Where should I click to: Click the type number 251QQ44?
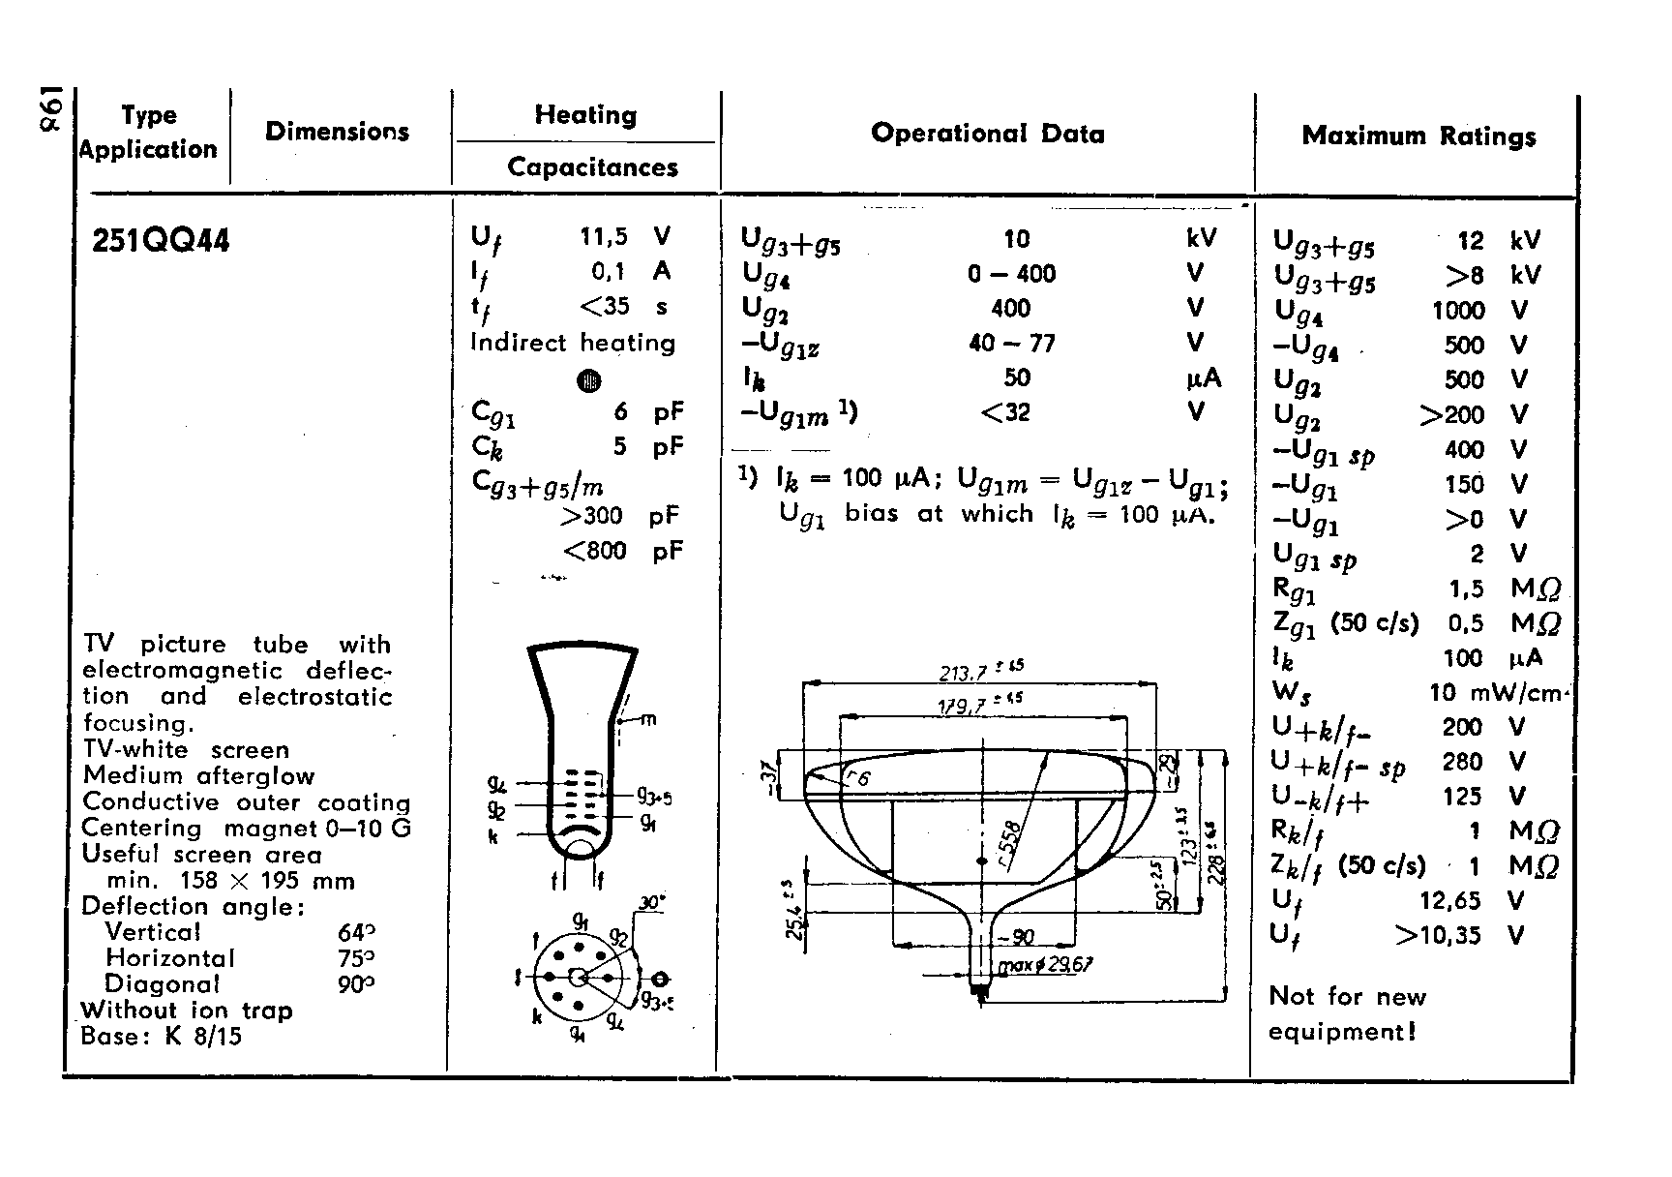point(161,241)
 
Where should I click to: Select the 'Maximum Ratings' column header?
point(1418,136)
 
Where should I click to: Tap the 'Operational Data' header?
point(987,134)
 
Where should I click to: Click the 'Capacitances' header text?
point(592,167)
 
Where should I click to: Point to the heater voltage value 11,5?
point(603,236)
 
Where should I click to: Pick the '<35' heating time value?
point(605,307)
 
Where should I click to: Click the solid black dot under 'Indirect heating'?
point(588,380)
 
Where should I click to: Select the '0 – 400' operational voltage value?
point(1011,274)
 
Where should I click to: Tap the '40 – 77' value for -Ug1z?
point(1011,344)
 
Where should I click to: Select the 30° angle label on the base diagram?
point(651,903)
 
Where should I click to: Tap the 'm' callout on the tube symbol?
point(648,718)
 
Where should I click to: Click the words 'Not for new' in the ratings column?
point(1347,997)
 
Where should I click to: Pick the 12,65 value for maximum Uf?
point(1449,901)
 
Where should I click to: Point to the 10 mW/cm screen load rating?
point(1494,693)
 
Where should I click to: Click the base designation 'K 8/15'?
point(203,1037)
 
